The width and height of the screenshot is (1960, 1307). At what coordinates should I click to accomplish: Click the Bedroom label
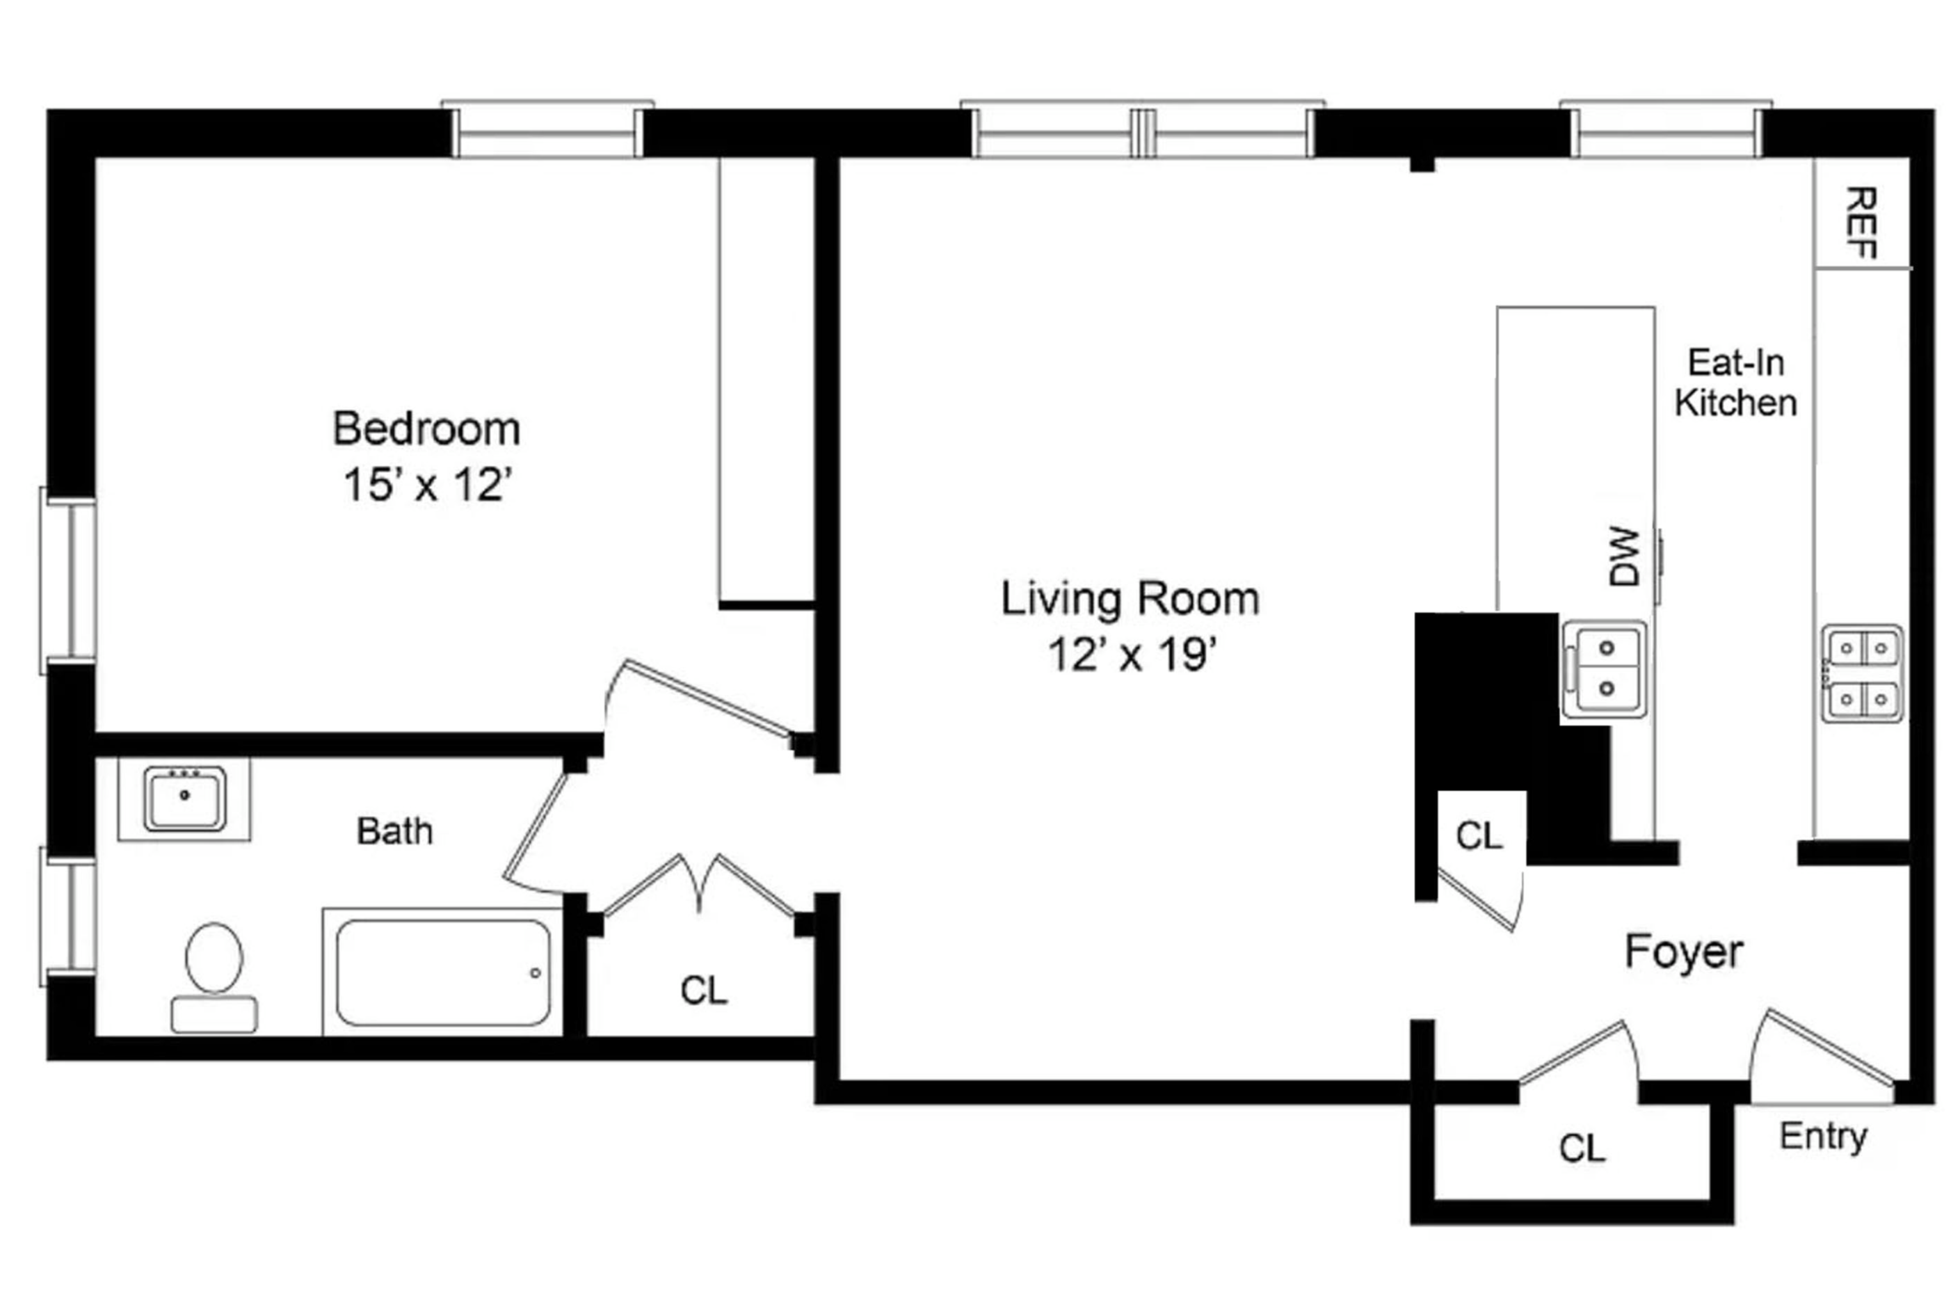[x=426, y=429]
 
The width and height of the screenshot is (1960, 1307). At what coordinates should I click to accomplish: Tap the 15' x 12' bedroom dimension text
[x=426, y=485]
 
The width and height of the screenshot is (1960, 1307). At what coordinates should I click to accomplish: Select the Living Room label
[x=1130, y=600]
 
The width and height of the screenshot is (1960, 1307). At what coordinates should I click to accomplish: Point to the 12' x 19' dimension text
[x=1132, y=655]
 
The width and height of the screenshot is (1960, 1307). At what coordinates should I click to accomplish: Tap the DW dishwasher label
[x=1624, y=556]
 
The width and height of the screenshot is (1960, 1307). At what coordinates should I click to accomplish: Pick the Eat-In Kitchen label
[x=1736, y=383]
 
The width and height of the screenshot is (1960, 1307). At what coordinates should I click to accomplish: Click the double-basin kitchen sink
[x=1604, y=669]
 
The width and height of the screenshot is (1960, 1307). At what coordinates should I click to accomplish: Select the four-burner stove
[x=1862, y=673]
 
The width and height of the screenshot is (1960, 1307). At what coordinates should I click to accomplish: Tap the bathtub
[x=443, y=972]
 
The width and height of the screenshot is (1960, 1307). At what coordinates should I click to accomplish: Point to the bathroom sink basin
[x=184, y=799]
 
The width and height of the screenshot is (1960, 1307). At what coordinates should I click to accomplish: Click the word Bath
[x=395, y=831]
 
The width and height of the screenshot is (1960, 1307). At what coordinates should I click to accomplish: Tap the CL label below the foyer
[x=1582, y=1148]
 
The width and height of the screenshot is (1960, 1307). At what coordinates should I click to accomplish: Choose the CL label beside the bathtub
[x=704, y=991]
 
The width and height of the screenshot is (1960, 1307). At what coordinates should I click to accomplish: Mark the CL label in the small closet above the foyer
[x=1479, y=835]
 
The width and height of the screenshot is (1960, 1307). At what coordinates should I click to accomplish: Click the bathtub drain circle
[x=535, y=972]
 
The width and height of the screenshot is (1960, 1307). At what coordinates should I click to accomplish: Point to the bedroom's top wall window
[x=547, y=130]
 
